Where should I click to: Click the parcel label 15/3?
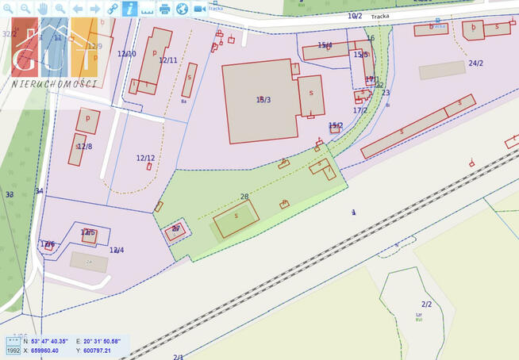pos(263,100)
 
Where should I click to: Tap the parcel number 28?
pos(244,197)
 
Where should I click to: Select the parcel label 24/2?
pos(475,63)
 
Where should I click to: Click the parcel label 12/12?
pos(145,158)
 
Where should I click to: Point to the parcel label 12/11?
pos(168,60)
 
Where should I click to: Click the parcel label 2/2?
pos(427,304)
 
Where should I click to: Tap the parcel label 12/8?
pos(83,147)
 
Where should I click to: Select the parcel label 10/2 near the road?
pos(355,16)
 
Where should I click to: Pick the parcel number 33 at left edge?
pos(10,194)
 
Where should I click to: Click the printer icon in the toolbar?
pos(164,9)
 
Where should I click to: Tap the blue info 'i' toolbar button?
pos(129,9)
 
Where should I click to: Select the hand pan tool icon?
pos(43,9)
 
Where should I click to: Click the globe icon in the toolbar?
pos(182,9)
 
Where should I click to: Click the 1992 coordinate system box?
pos(13,350)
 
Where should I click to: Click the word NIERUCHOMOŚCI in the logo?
pos(55,84)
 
